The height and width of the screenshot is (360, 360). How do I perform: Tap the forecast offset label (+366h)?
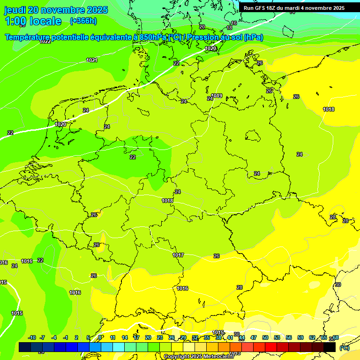(83, 21)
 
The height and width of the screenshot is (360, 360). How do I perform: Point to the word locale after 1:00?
(45, 21)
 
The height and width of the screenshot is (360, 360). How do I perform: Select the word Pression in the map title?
(206, 37)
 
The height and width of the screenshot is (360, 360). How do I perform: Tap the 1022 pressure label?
(45, 41)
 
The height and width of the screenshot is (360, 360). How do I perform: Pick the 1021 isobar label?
(92, 60)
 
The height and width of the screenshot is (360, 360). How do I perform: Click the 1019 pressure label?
(216, 96)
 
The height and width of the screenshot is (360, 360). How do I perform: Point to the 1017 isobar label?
(178, 255)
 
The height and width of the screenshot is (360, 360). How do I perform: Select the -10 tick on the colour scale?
(32, 337)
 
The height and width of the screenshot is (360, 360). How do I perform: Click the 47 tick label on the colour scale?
(253, 337)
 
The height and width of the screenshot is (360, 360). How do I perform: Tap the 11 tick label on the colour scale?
(112, 337)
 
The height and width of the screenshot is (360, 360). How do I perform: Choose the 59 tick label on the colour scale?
(300, 337)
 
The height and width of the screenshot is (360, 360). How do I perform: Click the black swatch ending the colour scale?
(330, 347)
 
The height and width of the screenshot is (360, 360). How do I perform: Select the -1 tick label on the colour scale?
(66, 337)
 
